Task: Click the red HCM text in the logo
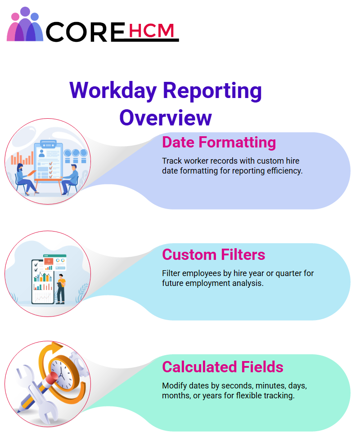point(151,31)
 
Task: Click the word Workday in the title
point(113,91)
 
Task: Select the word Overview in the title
point(166,117)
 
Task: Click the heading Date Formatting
point(219,142)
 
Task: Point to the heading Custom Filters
point(213,254)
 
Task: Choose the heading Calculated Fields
point(223,366)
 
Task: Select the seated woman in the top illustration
point(25,179)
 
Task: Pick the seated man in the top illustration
point(70,179)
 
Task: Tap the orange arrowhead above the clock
point(57,348)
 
